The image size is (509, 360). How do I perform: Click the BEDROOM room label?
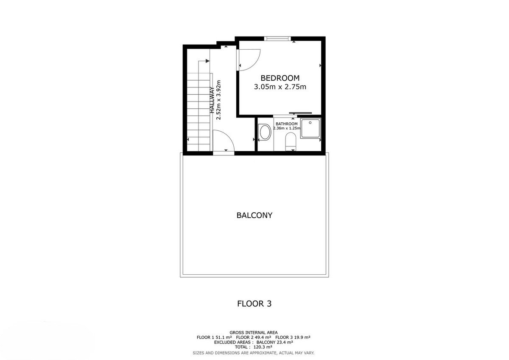(x=280, y=78)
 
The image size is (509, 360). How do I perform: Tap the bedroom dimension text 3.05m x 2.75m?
(x=280, y=87)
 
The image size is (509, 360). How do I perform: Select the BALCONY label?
(x=254, y=215)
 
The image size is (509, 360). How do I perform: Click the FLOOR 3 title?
(x=254, y=304)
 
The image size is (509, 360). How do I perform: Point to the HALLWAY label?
(x=212, y=100)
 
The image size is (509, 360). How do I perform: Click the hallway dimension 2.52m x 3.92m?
(x=218, y=100)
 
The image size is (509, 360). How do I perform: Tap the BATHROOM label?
(x=287, y=124)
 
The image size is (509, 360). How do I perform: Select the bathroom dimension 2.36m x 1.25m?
(x=287, y=128)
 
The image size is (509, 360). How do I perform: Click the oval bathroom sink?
(x=265, y=132)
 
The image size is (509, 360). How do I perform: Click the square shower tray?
(x=310, y=128)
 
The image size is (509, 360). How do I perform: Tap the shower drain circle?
(x=310, y=123)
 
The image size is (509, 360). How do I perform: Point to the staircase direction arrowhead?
(x=207, y=61)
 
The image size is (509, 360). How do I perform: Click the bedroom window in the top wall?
(x=277, y=39)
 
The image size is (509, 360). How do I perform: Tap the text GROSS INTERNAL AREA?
(x=254, y=333)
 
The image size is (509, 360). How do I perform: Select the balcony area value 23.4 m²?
(x=284, y=342)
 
